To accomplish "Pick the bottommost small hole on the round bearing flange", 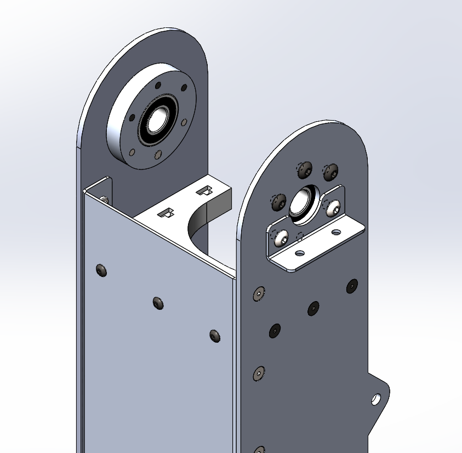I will point(158,155).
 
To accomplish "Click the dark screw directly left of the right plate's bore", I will point(279,201).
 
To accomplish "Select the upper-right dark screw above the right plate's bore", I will point(331,172).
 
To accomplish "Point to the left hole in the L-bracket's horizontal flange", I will point(299,253).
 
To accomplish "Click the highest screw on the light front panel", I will point(101,270).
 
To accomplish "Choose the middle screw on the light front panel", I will point(158,303).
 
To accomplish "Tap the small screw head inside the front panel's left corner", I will point(104,199).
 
